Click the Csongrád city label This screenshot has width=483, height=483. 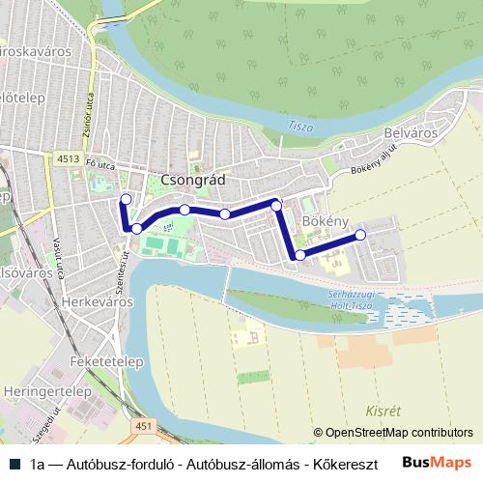[195, 181]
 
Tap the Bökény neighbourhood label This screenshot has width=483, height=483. [325, 222]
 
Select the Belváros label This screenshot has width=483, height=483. [412, 132]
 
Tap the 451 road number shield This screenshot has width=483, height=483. [146, 425]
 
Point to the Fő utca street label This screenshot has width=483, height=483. [99, 166]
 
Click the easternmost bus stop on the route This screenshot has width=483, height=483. [360, 235]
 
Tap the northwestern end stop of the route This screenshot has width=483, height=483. [125, 199]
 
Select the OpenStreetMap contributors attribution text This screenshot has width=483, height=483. [392, 433]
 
